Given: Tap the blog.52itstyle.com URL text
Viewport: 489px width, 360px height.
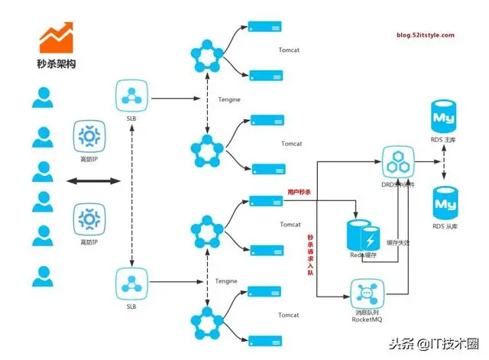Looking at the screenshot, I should (x=425, y=35).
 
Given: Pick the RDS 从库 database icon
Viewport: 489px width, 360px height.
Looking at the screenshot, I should (x=444, y=202).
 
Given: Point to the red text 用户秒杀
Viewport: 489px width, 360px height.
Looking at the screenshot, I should (x=300, y=191).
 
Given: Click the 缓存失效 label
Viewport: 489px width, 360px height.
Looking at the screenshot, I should (x=398, y=242).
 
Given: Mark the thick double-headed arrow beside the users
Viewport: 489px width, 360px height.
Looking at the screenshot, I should (x=92, y=181).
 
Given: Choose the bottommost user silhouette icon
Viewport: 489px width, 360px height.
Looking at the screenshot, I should (x=43, y=274).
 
